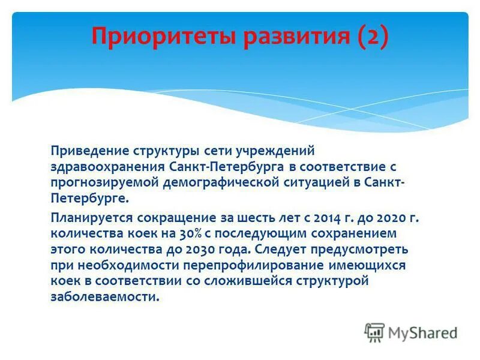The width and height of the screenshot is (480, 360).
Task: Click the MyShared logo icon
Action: (x=374, y=332)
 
